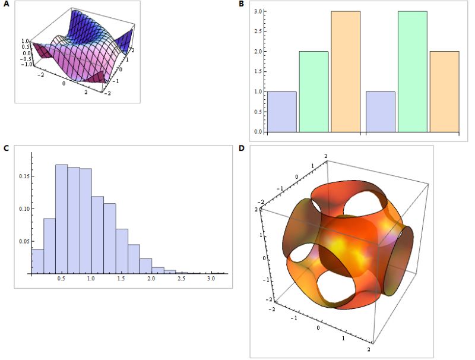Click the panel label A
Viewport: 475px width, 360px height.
(x=7, y=5)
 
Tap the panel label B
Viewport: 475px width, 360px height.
(x=241, y=5)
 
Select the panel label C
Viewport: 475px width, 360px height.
(x=7, y=148)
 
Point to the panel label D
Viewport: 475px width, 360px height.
(x=241, y=148)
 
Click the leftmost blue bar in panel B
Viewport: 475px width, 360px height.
(x=282, y=112)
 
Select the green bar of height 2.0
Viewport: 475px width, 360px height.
(x=313, y=91)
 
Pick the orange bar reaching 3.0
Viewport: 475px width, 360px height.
(x=346, y=71)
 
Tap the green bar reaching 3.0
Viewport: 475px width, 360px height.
(x=412, y=71)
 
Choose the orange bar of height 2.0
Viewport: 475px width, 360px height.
(x=444, y=91)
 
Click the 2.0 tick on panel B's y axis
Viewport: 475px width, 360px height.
(x=259, y=52)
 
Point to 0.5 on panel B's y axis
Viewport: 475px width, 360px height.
(x=259, y=112)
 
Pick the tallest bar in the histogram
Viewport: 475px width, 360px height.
(x=61, y=220)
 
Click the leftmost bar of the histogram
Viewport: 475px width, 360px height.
(x=37, y=262)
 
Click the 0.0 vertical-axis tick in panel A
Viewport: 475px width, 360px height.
(x=26, y=52)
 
